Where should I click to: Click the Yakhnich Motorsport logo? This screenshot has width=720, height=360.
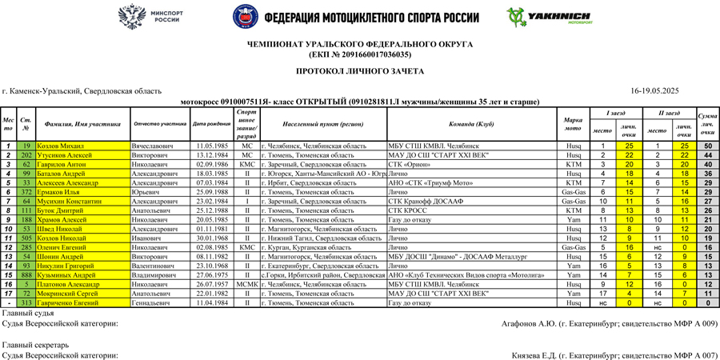point(537,17)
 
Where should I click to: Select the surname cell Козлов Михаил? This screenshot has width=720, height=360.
point(60,146)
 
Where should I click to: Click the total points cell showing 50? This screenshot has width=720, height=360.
point(707,146)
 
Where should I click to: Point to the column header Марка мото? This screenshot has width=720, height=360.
point(573,124)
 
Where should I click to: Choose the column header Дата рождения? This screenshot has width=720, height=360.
point(211,124)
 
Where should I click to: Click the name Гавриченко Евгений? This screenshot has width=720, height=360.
point(71,303)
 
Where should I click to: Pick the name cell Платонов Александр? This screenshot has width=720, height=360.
point(73,284)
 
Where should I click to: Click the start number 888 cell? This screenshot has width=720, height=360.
point(26,274)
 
